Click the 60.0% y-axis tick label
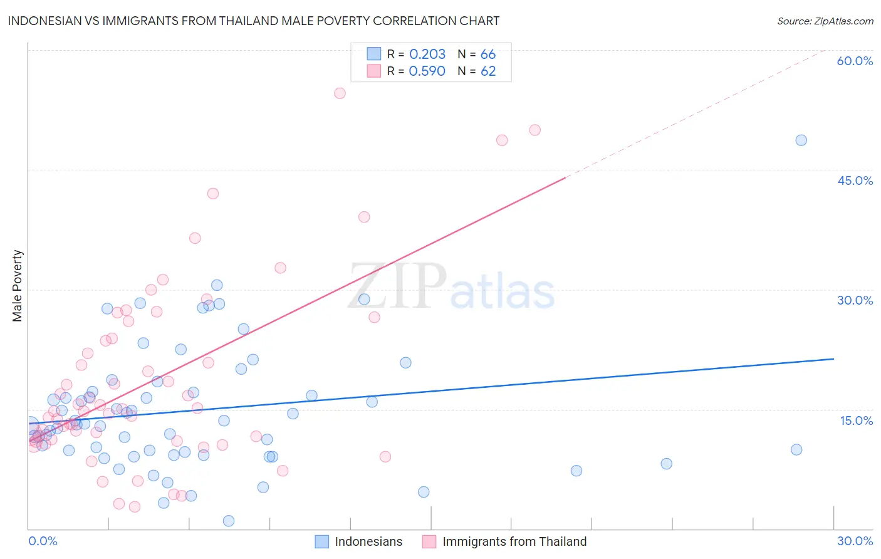click(855, 61)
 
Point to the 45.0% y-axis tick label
click(855, 180)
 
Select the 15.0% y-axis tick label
click(856, 421)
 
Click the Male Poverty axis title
click(18, 286)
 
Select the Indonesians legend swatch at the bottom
click(322, 542)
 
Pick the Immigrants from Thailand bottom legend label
click(514, 542)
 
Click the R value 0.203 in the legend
click(427, 55)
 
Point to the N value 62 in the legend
click(488, 71)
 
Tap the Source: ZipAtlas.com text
click(825, 21)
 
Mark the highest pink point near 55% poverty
click(340, 93)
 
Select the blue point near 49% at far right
click(801, 140)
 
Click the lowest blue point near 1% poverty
click(229, 521)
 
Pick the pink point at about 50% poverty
click(534, 130)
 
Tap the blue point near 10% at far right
click(796, 449)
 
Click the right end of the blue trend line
click(834, 359)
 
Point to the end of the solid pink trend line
click(565, 178)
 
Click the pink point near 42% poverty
click(213, 194)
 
